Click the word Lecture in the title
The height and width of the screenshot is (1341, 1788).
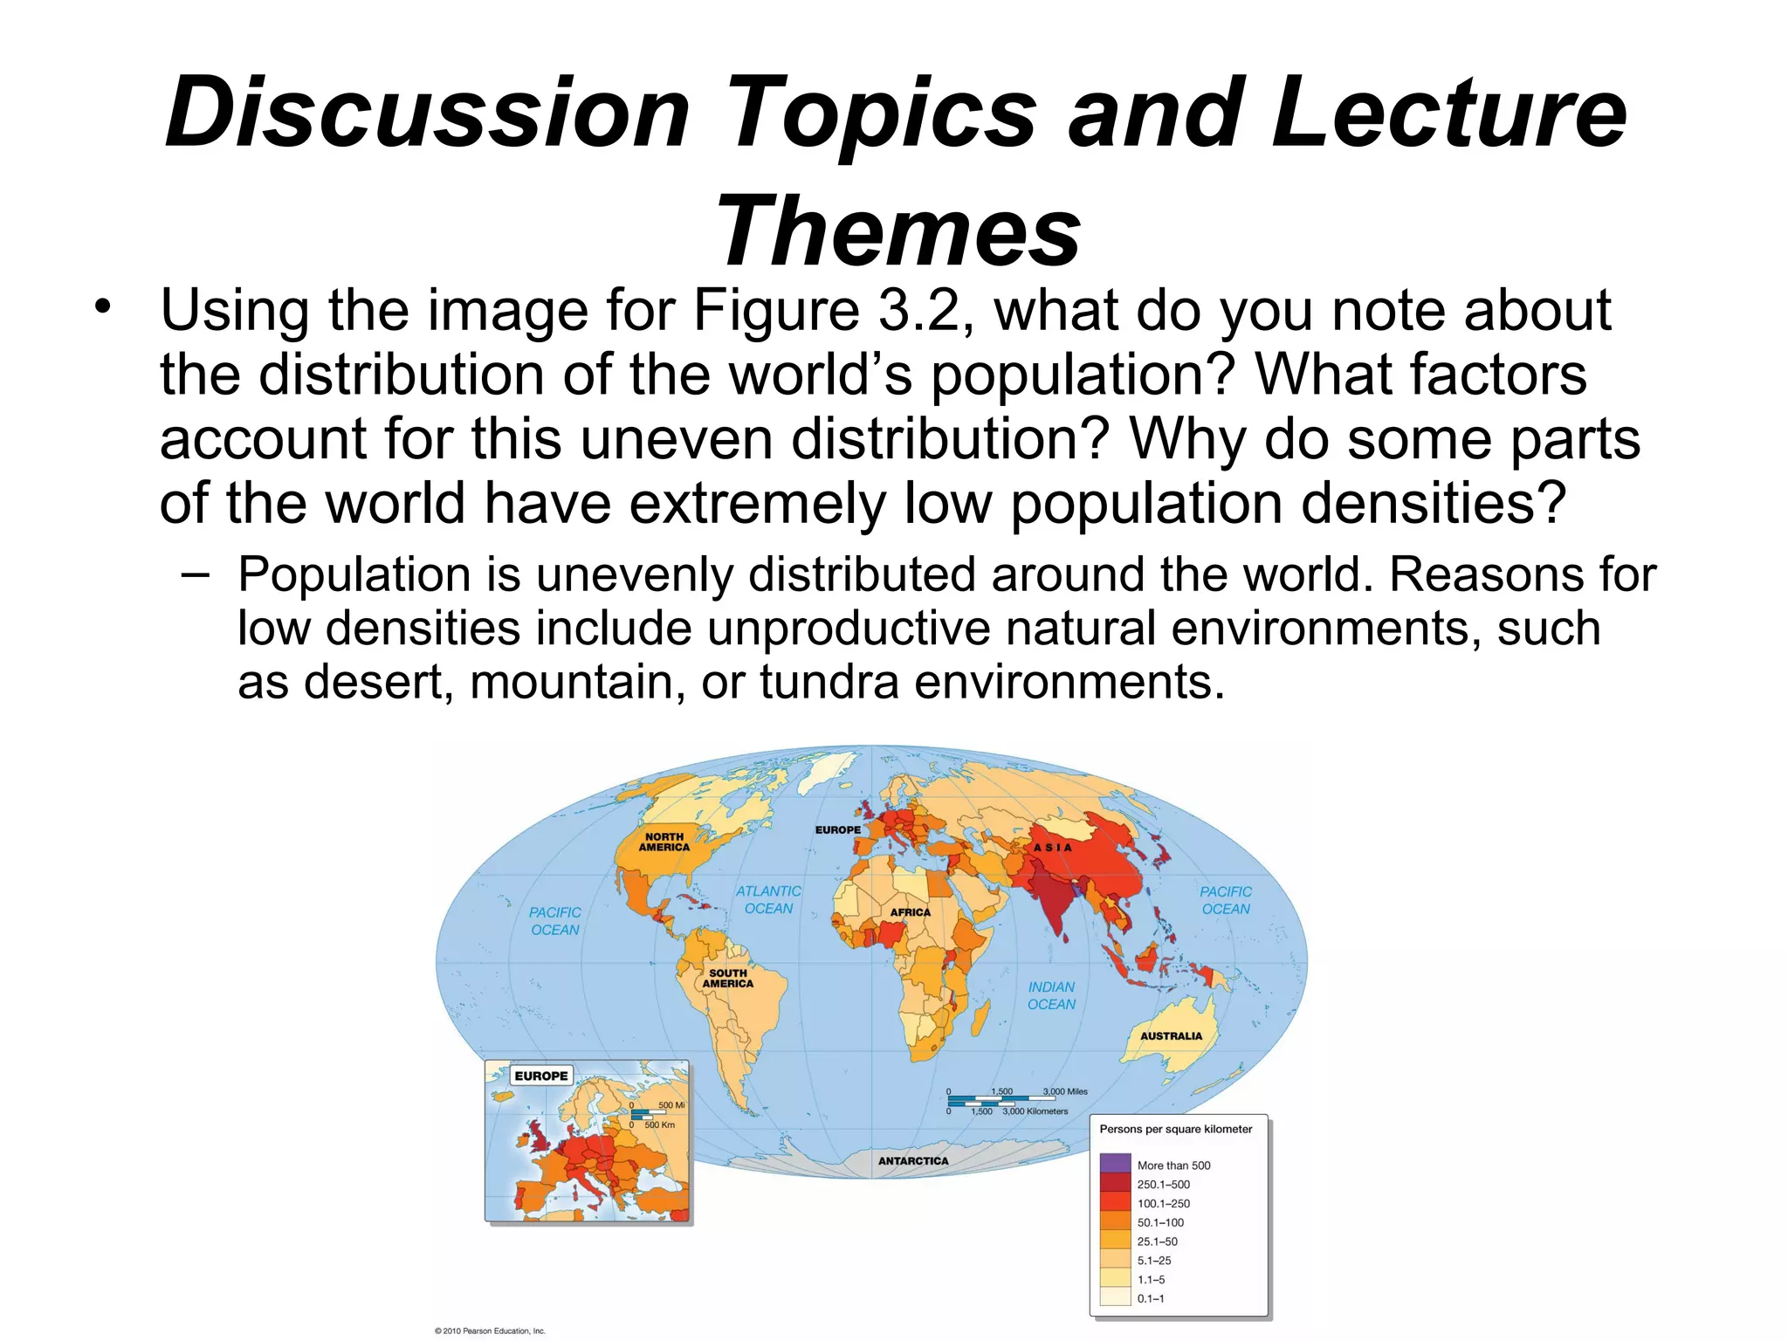(x=1448, y=113)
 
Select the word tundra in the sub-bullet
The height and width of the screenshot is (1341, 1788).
(x=829, y=682)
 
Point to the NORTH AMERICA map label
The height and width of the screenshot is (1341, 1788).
(x=664, y=842)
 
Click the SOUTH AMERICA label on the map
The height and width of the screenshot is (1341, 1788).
(x=727, y=978)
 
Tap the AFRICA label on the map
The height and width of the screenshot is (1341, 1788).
(x=910, y=912)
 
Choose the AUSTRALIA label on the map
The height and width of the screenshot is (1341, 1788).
(x=1171, y=1036)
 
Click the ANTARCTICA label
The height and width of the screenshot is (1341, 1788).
(x=912, y=1161)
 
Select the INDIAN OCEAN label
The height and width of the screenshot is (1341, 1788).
(x=1051, y=995)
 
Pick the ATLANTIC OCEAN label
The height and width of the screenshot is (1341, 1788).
(x=768, y=899)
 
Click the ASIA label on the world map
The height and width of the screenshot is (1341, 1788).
(x=1052, y=848)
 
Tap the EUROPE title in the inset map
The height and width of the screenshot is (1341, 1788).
(x=540, y=1076)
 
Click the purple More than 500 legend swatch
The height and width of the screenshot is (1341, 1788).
(x=1115, y=1165)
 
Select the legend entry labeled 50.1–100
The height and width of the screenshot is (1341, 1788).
(x=1160, y=1222)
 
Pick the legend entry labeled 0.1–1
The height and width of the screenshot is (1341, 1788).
(x=1151, y=1298)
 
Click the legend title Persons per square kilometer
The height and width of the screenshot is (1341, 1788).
(x=1175, y=1129)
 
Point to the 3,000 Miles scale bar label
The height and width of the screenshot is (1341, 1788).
(x=1065, y=1091)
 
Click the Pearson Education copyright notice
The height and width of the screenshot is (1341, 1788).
(x=489, y=1331)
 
